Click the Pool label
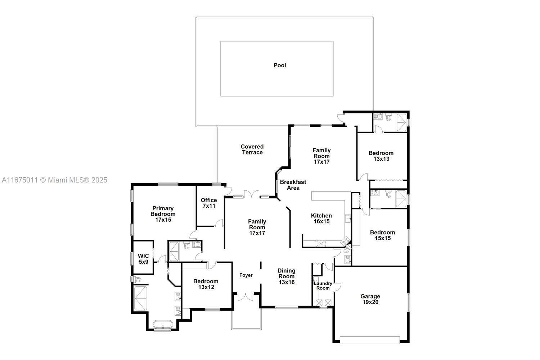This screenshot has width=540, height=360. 280,66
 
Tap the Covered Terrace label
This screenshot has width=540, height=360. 252,149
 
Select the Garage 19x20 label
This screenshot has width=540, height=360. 370,299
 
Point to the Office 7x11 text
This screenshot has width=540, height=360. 209,203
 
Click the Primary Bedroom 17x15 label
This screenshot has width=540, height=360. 163,214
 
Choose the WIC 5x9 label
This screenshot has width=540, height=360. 143,259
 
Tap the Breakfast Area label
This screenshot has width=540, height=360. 293,185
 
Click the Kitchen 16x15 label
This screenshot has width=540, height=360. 321,219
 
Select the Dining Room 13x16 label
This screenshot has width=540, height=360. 287,276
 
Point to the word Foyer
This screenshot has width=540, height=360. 246,275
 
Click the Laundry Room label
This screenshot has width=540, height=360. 323,286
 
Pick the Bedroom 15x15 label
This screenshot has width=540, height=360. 383,235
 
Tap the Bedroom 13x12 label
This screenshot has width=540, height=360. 206,284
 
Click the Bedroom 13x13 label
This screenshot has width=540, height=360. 381,156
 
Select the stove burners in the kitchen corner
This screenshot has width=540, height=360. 345,241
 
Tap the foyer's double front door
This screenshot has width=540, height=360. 246,297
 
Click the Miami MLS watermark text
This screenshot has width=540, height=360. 54,180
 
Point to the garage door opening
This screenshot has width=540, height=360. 370,340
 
